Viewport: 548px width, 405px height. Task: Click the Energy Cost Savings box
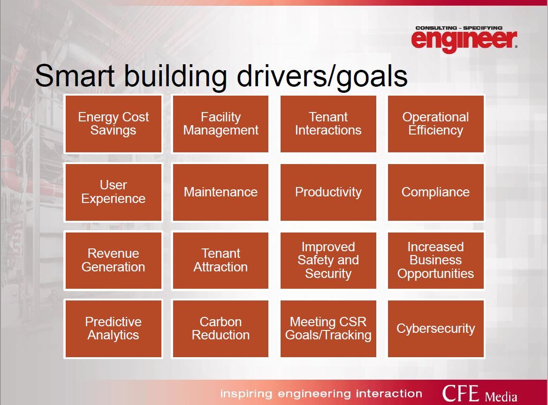114,124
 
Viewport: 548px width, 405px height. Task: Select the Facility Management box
221,124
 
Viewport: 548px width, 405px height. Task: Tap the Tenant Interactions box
328,124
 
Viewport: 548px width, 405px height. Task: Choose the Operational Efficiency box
436,124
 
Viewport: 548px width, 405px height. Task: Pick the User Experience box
114,192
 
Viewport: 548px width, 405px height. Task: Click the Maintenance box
221,192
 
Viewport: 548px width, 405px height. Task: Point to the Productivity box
328,192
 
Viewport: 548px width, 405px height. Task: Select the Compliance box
436,192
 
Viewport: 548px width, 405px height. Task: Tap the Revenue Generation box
114,261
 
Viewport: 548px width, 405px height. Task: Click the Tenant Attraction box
221,261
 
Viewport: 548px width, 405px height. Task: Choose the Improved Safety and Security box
328,261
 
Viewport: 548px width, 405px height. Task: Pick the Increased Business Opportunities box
436,261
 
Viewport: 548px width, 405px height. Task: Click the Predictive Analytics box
114,329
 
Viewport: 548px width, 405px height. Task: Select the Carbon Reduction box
221,329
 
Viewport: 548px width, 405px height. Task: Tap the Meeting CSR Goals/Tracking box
328,329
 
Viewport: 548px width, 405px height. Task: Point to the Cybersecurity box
436,329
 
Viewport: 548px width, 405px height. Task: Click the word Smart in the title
75,75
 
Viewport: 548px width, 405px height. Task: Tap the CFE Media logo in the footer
479,394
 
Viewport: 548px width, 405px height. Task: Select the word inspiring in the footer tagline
246,394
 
